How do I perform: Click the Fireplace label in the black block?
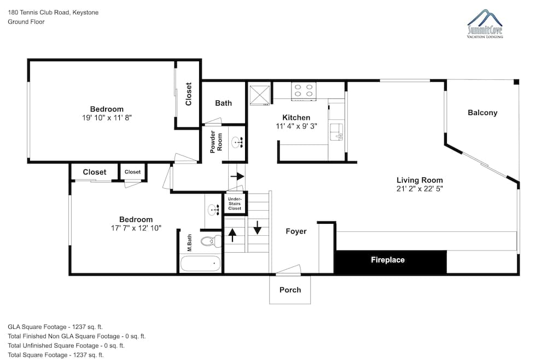(x=388, y=260)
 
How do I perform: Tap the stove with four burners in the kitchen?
(x=304, y=91)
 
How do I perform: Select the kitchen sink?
(x=336, y=132)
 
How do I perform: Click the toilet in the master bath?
(x=211, y=241)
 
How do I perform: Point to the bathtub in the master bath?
(x=201, y=264)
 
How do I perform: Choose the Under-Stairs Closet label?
(x=235, y=204)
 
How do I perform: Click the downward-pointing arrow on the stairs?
(x=258, y=228)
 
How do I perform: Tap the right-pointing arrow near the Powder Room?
(x=237, y=176)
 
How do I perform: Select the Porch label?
(x=290, y=290)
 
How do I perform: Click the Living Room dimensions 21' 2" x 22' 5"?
(x=420, y=189)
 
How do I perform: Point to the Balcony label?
(x=482, y=113)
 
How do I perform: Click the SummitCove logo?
(x=485, y=24)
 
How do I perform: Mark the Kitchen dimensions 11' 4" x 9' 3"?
(x=296, y=126)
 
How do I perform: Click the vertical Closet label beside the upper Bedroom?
(x=189, y=94)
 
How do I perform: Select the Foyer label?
(x=296, y=231)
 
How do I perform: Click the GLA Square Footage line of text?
(x=55, y=327)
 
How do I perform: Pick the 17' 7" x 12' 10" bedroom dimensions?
(x=136, y=228)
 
